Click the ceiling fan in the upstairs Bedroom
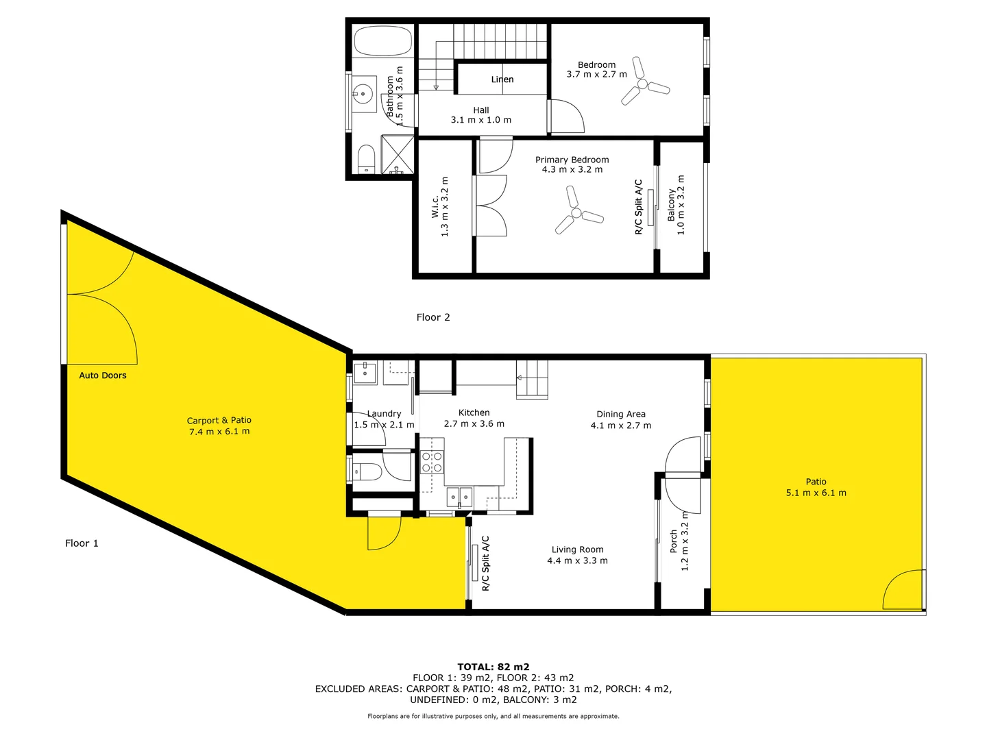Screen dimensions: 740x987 [x=644, y=83]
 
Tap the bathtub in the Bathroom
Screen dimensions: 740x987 [x=383, y=41]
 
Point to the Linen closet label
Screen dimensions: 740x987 [x=502, y=79]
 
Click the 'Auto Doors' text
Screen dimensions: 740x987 [x=103, y=375]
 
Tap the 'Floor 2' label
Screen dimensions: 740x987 [x=433, y=317]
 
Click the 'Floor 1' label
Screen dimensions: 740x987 [x=82, y=543]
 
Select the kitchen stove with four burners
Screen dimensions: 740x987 [x=432, y=462]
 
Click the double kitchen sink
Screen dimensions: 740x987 [x=459, y=495]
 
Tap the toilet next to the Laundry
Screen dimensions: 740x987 [x=366, y=471]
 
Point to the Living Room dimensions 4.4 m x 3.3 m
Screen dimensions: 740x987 [x=577, y=560]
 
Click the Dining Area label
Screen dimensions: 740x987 [x=620, y=414]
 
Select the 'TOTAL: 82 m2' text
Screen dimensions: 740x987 [x=493, y=667]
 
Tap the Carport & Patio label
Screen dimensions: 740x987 [x=219, y=421]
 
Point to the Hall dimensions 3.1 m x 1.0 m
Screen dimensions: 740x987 [x=480, y=120]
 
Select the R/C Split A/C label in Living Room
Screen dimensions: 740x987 [x=486, y=563]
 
